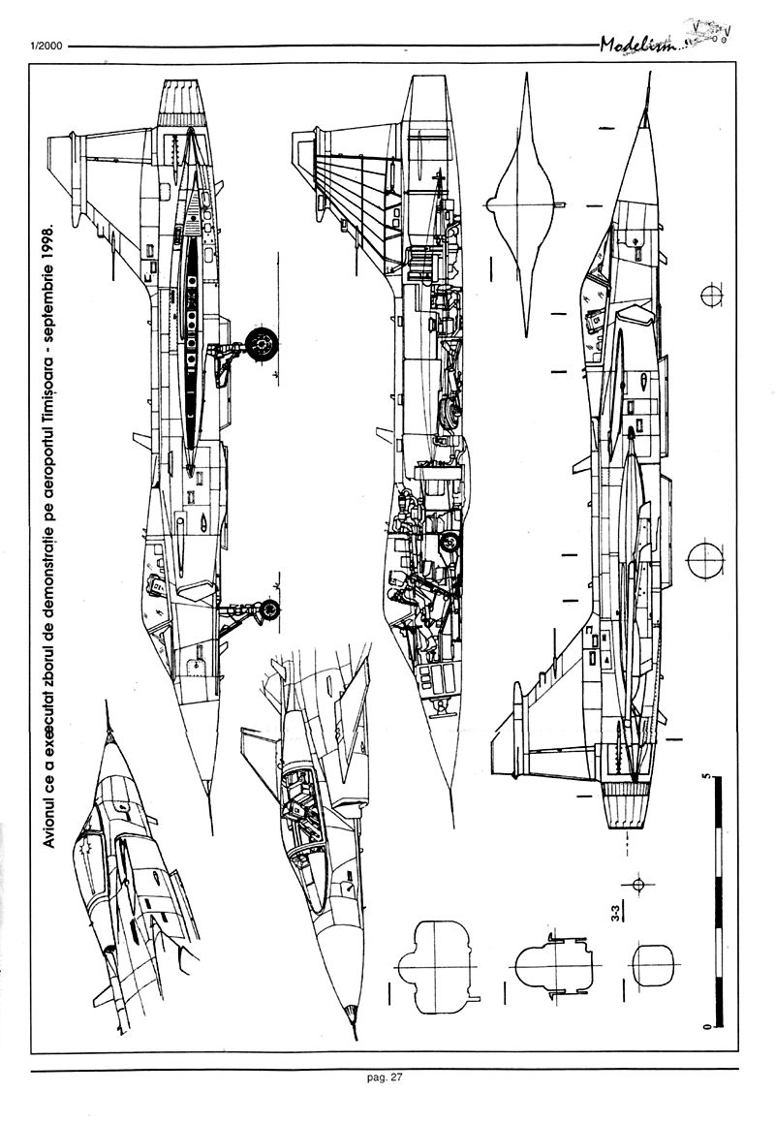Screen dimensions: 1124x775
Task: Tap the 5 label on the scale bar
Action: pos(709,777)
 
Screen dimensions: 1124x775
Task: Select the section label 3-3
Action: pos(614,913)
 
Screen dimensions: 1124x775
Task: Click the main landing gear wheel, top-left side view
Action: pos(260,342)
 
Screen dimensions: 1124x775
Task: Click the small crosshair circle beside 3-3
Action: pos(637,884)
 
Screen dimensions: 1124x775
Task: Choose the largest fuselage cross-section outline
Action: pos(441,965)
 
